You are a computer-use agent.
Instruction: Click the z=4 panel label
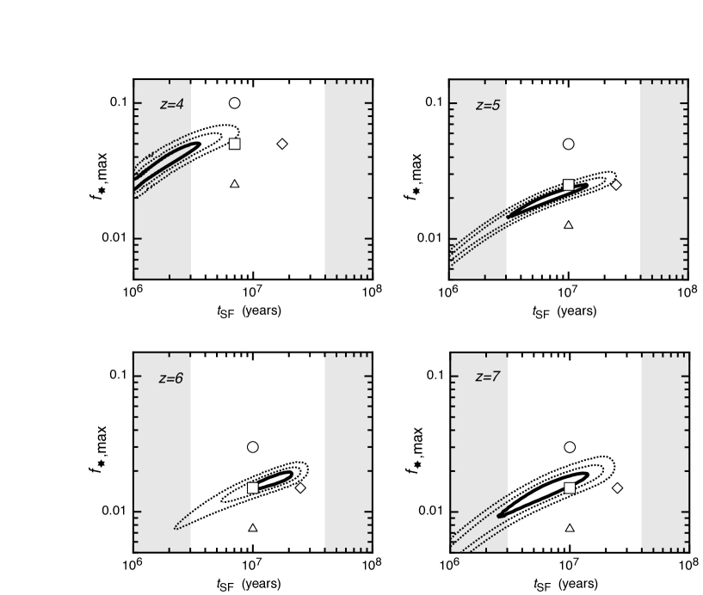click(172, 105)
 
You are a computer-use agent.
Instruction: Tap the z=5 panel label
click(488, 105)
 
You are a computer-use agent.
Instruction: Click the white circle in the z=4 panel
click(234, 103)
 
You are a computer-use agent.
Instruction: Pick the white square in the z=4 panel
click(234, 144)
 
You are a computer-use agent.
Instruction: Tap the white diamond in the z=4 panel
click(282, 144)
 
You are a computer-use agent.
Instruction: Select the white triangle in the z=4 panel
click(234, 184)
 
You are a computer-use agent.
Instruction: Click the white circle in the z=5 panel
click(568, 144)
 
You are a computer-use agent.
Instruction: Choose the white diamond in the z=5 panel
click(616, 185)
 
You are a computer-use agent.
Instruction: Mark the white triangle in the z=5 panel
click(568, 224)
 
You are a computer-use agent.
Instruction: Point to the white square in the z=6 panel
click(253, 488)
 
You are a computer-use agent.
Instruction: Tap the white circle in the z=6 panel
click(253, 447)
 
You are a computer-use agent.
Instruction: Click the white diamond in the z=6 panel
click(300, 488)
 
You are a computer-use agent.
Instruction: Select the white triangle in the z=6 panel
click(253, 528)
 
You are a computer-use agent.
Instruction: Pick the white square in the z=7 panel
click(570, 488)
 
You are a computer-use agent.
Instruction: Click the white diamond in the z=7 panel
click(617, 488)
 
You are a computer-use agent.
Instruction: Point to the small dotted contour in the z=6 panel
click(182, 523)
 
